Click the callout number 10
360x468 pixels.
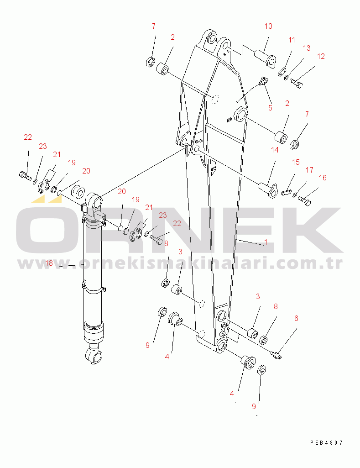click(268, 26)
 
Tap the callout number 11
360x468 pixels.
click(292, 40)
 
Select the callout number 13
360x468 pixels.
click(307, 48)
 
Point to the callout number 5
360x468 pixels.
click(270, 108)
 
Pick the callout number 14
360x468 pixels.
click(275, 150)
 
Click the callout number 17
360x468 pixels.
click(310, 170)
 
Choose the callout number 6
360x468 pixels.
click(296, 318)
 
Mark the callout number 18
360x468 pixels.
click(49, 263)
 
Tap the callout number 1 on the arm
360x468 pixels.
click(266, 242)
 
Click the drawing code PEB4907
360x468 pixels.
click(327, 442)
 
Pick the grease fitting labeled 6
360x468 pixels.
click(276, 355)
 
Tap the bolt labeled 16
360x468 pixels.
click(304, 200)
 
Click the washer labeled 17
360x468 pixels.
click(295, 195)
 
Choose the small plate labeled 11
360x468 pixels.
click(282, 72)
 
